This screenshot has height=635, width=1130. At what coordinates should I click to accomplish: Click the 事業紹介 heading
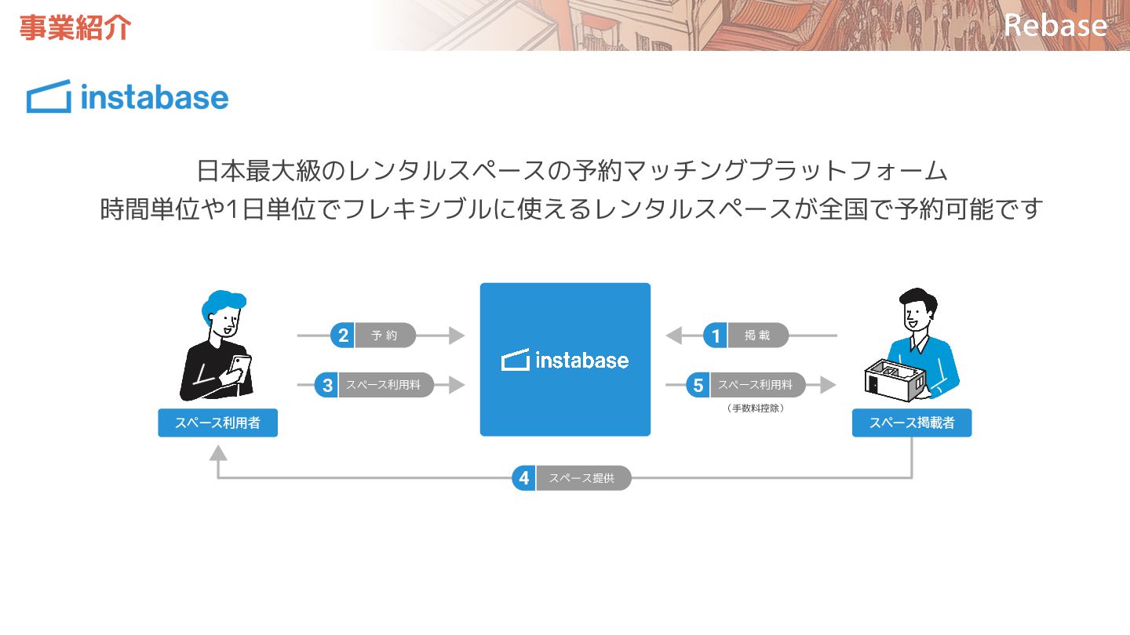tap(75, 27)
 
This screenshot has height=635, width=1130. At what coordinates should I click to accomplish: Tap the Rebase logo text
tap(1055, 25)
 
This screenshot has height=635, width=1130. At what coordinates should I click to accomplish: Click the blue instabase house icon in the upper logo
tap(49, 97)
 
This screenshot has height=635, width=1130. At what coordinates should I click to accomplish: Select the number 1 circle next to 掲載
tap(715, 336)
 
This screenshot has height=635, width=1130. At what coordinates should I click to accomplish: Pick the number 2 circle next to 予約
tap(343, 336)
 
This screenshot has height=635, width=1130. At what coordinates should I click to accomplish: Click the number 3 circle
tap(327, 385)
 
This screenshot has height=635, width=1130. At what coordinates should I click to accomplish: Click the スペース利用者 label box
tap(217, 423)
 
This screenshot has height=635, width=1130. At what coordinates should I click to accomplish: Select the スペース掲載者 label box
tap(912, 423)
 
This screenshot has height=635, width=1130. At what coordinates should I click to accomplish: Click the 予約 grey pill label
tap(385, 336)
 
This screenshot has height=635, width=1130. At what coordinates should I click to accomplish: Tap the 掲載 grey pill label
tap(757, 336)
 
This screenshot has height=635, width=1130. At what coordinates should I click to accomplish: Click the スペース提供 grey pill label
tap(582, 477)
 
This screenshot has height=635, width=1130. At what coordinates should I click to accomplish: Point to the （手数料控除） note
tap(756, 408)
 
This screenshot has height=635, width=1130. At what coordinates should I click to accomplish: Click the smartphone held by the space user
tap(241, 365)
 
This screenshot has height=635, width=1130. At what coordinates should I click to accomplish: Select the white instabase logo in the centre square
tap(565, 360)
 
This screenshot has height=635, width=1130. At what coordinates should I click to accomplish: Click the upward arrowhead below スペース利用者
tap(218, 452)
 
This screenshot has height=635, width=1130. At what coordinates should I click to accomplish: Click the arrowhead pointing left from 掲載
tap(673, 336)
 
